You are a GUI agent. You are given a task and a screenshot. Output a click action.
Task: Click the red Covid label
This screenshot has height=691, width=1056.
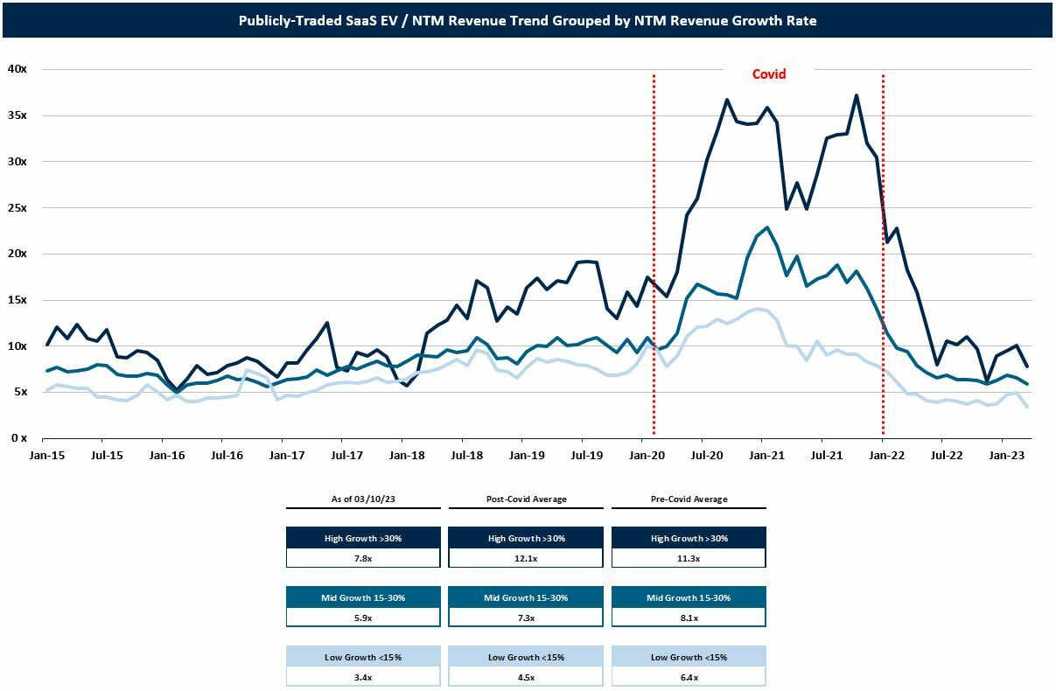click(x=769, y=74)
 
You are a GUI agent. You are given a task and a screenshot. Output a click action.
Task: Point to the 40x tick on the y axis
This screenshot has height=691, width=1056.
click(x=17, y=69)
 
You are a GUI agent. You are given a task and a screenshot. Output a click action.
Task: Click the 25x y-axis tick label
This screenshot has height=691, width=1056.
click(x=17, y=208)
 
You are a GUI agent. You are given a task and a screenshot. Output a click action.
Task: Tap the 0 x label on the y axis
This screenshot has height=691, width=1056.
click(x=19, y=438)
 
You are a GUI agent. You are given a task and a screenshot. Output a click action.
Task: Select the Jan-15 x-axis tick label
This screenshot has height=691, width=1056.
click(x=47, y=456)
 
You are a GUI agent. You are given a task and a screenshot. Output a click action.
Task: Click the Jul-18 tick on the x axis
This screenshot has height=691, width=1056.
click(x=466, y=456)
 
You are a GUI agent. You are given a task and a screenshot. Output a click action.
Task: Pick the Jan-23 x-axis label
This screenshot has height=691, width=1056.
click(x=1006, y=456)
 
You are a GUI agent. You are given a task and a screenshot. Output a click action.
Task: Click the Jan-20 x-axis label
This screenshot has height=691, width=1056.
click(x=647, y=456)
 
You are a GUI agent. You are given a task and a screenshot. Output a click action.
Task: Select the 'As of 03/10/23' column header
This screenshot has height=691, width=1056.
click(x=363, y=499)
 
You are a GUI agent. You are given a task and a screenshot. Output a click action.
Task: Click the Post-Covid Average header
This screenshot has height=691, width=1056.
click(x=526, y=499)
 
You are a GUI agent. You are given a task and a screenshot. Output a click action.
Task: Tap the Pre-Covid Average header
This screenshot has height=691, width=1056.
click(x=689, y=499)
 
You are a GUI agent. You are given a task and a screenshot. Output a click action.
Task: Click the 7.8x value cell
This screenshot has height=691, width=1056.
click(x=363, y=559)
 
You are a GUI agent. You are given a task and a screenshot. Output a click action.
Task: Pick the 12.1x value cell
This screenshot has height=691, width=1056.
click(x=526, y=559)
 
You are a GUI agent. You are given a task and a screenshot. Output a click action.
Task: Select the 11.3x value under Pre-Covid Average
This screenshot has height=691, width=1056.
click(x=689, y=559)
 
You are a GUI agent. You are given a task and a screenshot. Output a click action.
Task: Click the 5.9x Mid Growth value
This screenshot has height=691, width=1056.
click(x=363, y=618)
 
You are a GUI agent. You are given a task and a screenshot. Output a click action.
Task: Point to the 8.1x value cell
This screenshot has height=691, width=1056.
click(x=689, y=618)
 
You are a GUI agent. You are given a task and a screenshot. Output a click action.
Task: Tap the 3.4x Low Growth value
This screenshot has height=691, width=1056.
click(x=363, y=677)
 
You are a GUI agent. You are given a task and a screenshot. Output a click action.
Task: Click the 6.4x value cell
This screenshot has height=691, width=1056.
click(x=689, y=677)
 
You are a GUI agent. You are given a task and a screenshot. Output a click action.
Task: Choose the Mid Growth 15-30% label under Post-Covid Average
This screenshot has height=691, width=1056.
click(x=526, y=597)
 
